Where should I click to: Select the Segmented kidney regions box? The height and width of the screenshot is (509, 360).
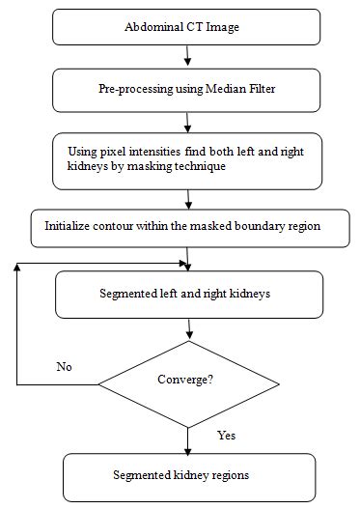coord(188,475)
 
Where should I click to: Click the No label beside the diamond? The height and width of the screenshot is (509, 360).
coord(64,367)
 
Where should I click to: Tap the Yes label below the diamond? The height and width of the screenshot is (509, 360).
coord(226,435)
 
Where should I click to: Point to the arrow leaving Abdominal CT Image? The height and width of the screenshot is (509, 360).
coord(186,57)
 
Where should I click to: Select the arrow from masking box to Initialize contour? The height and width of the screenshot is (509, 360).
coord(187,199)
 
